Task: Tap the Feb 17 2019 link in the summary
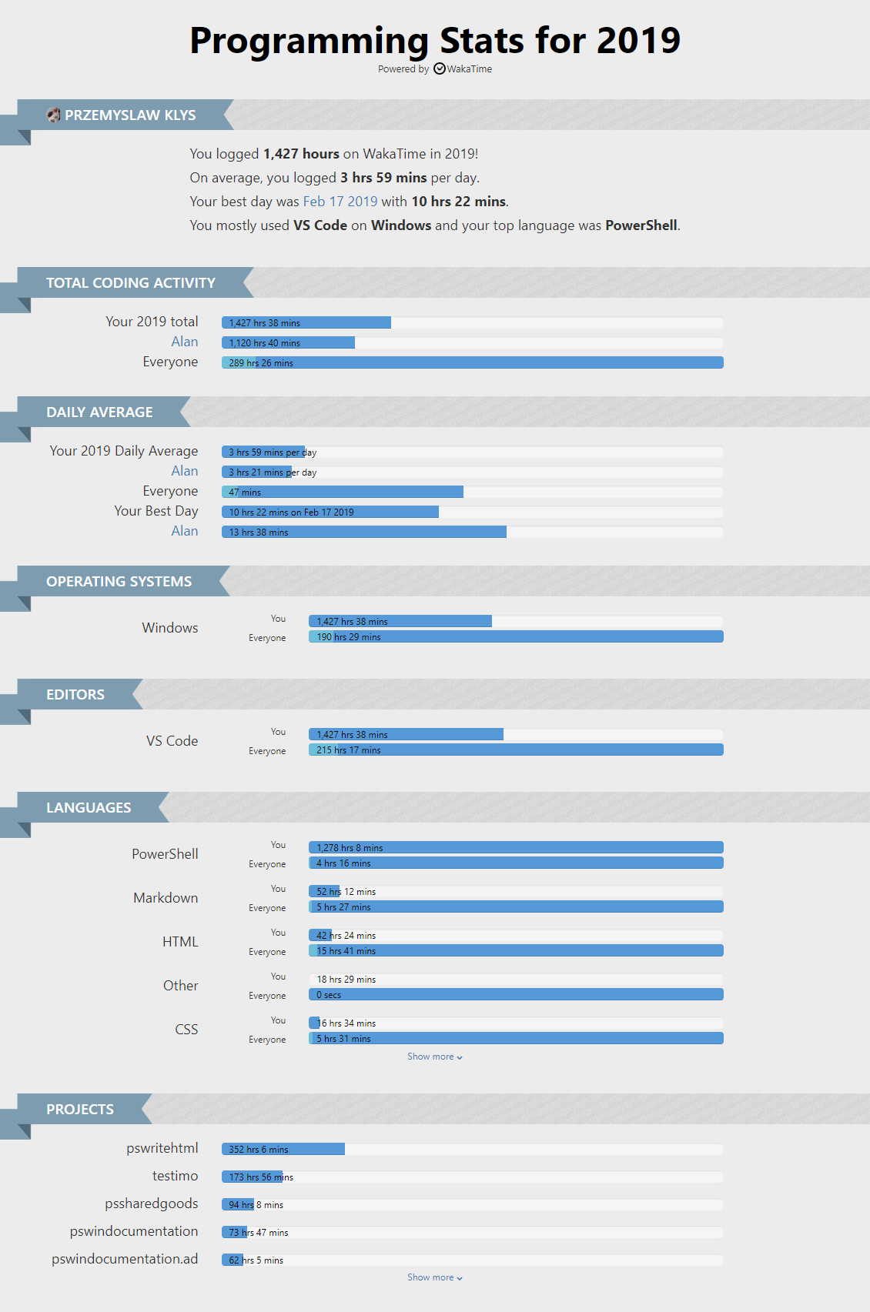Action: (340, 202)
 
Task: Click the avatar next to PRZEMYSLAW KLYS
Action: (53, 115)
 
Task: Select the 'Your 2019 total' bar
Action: (306, 323)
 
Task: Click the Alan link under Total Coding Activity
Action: (184, 342)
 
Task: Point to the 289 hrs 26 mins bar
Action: (472, 363)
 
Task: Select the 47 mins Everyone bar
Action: (343, 492)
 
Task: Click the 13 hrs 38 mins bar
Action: (364, 532)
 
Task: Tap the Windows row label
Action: (170, 628)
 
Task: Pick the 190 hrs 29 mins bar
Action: (516, 637)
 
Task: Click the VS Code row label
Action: (172, 741)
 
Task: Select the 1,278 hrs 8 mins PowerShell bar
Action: (516, 848)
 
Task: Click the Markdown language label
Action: (166, 898)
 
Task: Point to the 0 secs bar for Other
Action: (516, 995)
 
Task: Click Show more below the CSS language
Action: (434, 1057)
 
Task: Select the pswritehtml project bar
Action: (283, 1150)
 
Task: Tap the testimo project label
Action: (175, 1176)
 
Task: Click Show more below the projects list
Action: (434, 1278)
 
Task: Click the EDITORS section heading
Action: (75, 695)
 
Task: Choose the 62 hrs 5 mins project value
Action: (256, 1260)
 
